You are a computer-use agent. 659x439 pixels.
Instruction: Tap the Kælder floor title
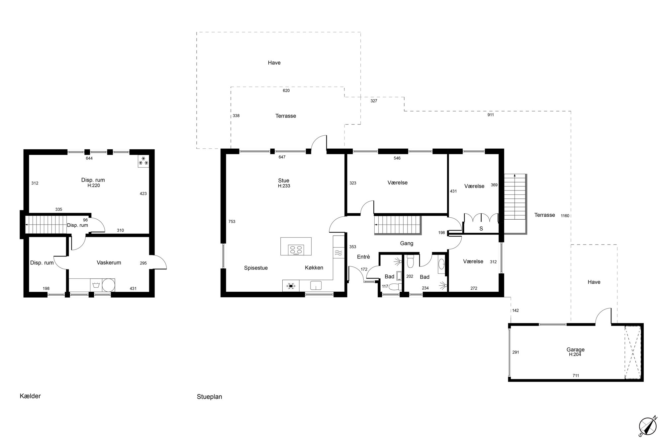(30, 396)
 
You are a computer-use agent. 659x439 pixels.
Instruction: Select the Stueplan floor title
(209, 397)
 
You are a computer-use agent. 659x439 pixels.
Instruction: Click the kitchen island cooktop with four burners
(296, 250)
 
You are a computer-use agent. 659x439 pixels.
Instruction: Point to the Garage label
(575, 349)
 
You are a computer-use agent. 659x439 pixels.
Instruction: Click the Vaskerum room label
(109, 262)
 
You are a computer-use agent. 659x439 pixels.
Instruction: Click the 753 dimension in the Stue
(232, 221)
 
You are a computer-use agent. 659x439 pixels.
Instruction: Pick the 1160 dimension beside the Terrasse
(565, 216)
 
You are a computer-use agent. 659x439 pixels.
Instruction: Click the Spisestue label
(256, 268)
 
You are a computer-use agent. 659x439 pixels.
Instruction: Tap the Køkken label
(314, 267)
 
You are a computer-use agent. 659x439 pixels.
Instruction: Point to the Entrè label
(363, 256)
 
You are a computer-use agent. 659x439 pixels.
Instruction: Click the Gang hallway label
(407, 243)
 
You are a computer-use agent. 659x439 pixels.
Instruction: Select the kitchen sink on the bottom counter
(316, 285)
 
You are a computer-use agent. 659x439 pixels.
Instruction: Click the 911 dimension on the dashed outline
(491, 115)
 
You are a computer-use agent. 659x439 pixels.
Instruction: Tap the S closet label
(481, 229)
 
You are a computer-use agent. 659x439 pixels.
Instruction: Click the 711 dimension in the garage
(576, 376)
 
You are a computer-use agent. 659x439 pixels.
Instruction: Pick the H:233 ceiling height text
(284, 186)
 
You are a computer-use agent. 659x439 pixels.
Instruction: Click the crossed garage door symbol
(632, 352)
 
